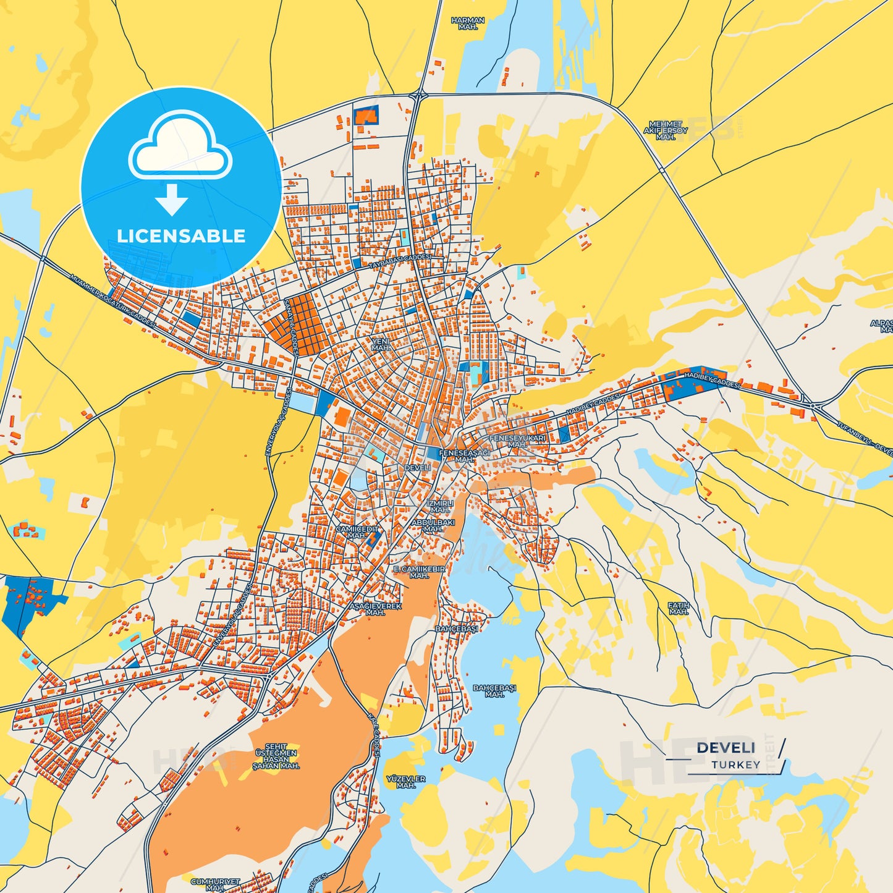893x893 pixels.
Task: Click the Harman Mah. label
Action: pyautogui.click(x=468, y=23)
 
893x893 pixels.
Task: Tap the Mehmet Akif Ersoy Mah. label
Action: pyautogui.click(x=666, y=130)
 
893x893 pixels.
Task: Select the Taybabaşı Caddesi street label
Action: pyautogui.click(x=399, y=261)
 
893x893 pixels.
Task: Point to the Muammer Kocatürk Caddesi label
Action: pyautogui.click(x=112, y=302)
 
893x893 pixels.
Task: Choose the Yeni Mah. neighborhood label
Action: pyautogui.click(x=381, y=344)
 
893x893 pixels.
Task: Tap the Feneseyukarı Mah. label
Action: pyautogui.click(x=517, y=441)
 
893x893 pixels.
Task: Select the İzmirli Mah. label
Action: pyautogui.click(x=440, y=506)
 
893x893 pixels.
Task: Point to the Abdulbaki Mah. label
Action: pyautogui.click(x=433, y=525)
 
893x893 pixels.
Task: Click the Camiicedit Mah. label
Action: pyautogui.click(x=357, y=532)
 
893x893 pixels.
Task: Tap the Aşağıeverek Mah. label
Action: pyautogui.click(x=376, y=609)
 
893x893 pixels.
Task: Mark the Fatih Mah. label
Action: pyautogui.click(x=678, y=609)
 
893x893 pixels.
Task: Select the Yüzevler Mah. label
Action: pyautogui.click(x=405, y=782)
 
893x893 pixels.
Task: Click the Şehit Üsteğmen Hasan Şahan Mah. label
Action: pyautogui.click(x=276, y=756)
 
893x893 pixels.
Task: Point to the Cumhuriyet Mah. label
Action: pyautogui.click(x=215, y=884)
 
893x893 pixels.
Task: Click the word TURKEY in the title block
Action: pyautogui.click(x=735, y=764)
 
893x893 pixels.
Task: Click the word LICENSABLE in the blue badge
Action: pyautogui.click(x=181, y=236)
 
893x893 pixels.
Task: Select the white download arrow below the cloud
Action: pyautogui.click(x=172, y=199)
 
